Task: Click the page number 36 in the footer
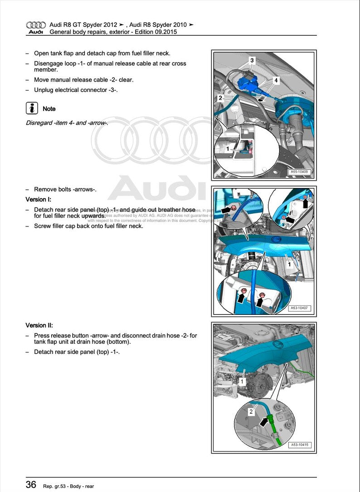[31, 484]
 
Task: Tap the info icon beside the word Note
[32, 108]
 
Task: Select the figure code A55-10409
[299, 172]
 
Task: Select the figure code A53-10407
[299, 309]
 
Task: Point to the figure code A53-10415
[299, 445]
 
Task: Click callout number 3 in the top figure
[252, 60]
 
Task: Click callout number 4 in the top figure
[276, 80]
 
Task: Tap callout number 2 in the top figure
[220, 98]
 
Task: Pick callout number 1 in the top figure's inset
[229, 148]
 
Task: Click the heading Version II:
[39, 325]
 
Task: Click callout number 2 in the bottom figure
[251, 412]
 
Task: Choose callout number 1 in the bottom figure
[242, 382]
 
